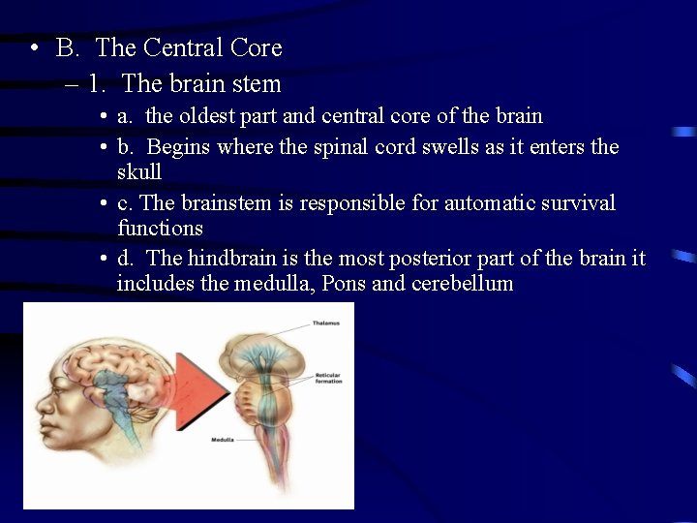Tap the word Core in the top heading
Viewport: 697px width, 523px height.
(x=256, y=47)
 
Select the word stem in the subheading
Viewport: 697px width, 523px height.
(x=257, y=83)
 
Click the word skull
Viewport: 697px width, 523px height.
(x=139, y=171)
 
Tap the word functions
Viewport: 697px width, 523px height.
(x=160, y=228)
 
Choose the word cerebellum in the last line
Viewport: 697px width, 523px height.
(x=463, y=283)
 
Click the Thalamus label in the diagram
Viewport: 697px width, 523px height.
(x=326, y=323)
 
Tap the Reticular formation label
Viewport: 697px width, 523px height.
(x=328, y=378)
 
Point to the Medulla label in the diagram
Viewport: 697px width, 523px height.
(x=223, y=440)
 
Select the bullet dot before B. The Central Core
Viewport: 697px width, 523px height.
(x=34, y=48)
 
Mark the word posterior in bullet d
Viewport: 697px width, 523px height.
(x=430, y=259)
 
